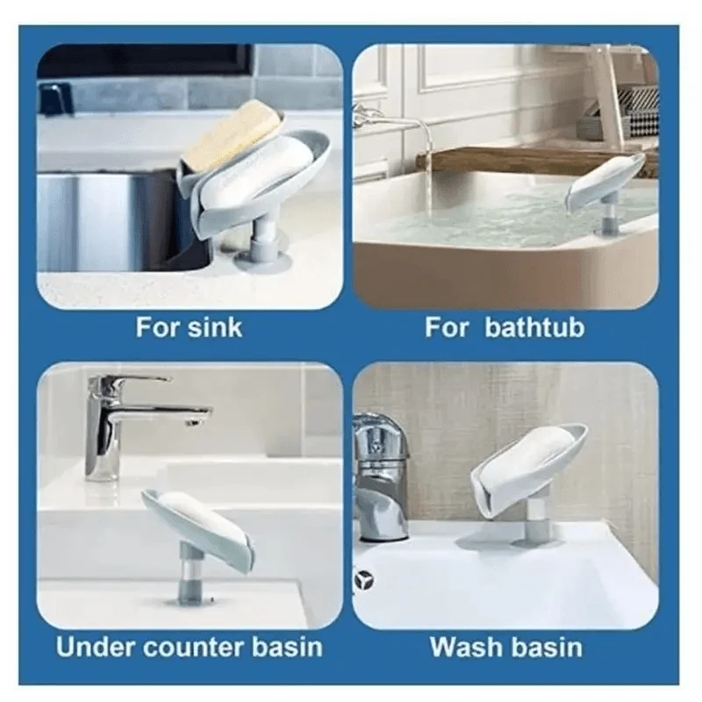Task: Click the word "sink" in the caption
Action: pos(215,327)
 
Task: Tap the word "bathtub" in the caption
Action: pos(534,327)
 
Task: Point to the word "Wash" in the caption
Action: pos(466,647)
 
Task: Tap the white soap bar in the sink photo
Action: pos(255,171)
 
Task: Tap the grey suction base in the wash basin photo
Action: pos(534,542)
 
